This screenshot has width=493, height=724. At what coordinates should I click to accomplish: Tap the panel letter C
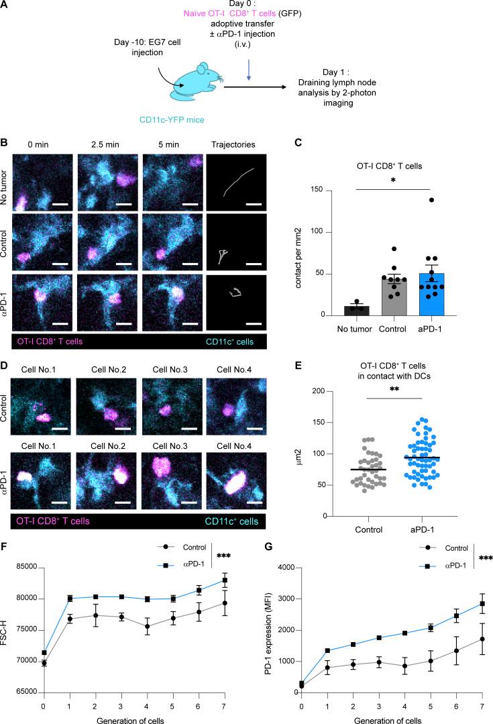pos(286,143)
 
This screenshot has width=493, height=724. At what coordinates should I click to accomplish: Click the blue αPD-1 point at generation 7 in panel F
pos(243,580)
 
